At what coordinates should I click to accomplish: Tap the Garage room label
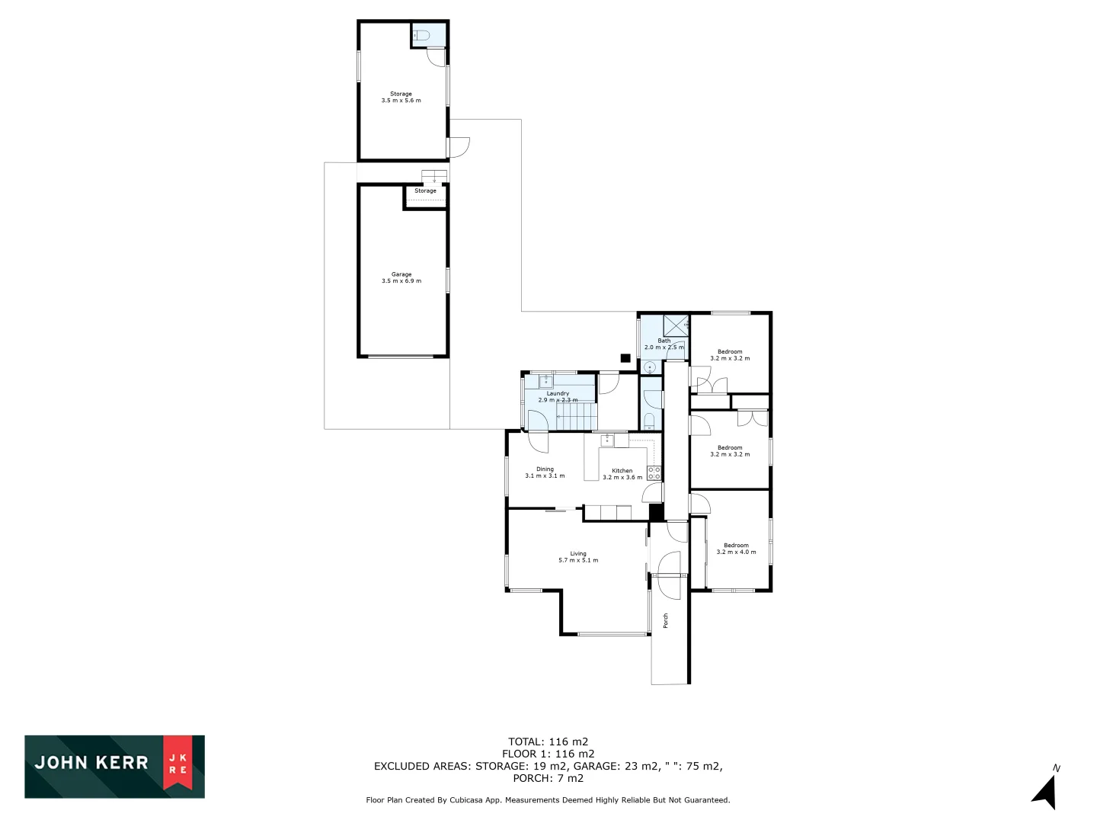(x=401, y=274)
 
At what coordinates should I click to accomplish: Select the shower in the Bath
(x=675, y=325)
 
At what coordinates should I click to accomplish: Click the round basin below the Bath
(x=649, y=367)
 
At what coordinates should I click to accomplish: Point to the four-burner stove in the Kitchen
(x=654, y=473)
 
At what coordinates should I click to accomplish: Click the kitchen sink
(x=607, y=440)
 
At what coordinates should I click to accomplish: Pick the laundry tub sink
(x=546, y=380)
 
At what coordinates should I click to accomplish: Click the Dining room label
(x=545, y=469)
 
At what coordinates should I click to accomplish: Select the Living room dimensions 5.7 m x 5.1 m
(x=578, y=560)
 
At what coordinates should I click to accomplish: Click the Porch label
(x=665, y=620)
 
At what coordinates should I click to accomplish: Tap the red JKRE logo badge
(x=178, y=764)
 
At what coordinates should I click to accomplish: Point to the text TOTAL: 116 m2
(x=548, y=741)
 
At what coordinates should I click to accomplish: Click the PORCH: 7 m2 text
(x=548, y=778)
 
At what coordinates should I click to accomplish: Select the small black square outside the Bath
(x=625, y=357)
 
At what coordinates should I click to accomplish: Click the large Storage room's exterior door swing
(x=459, y=147)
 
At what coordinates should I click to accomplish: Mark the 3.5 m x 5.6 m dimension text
(x=401, y=101)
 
